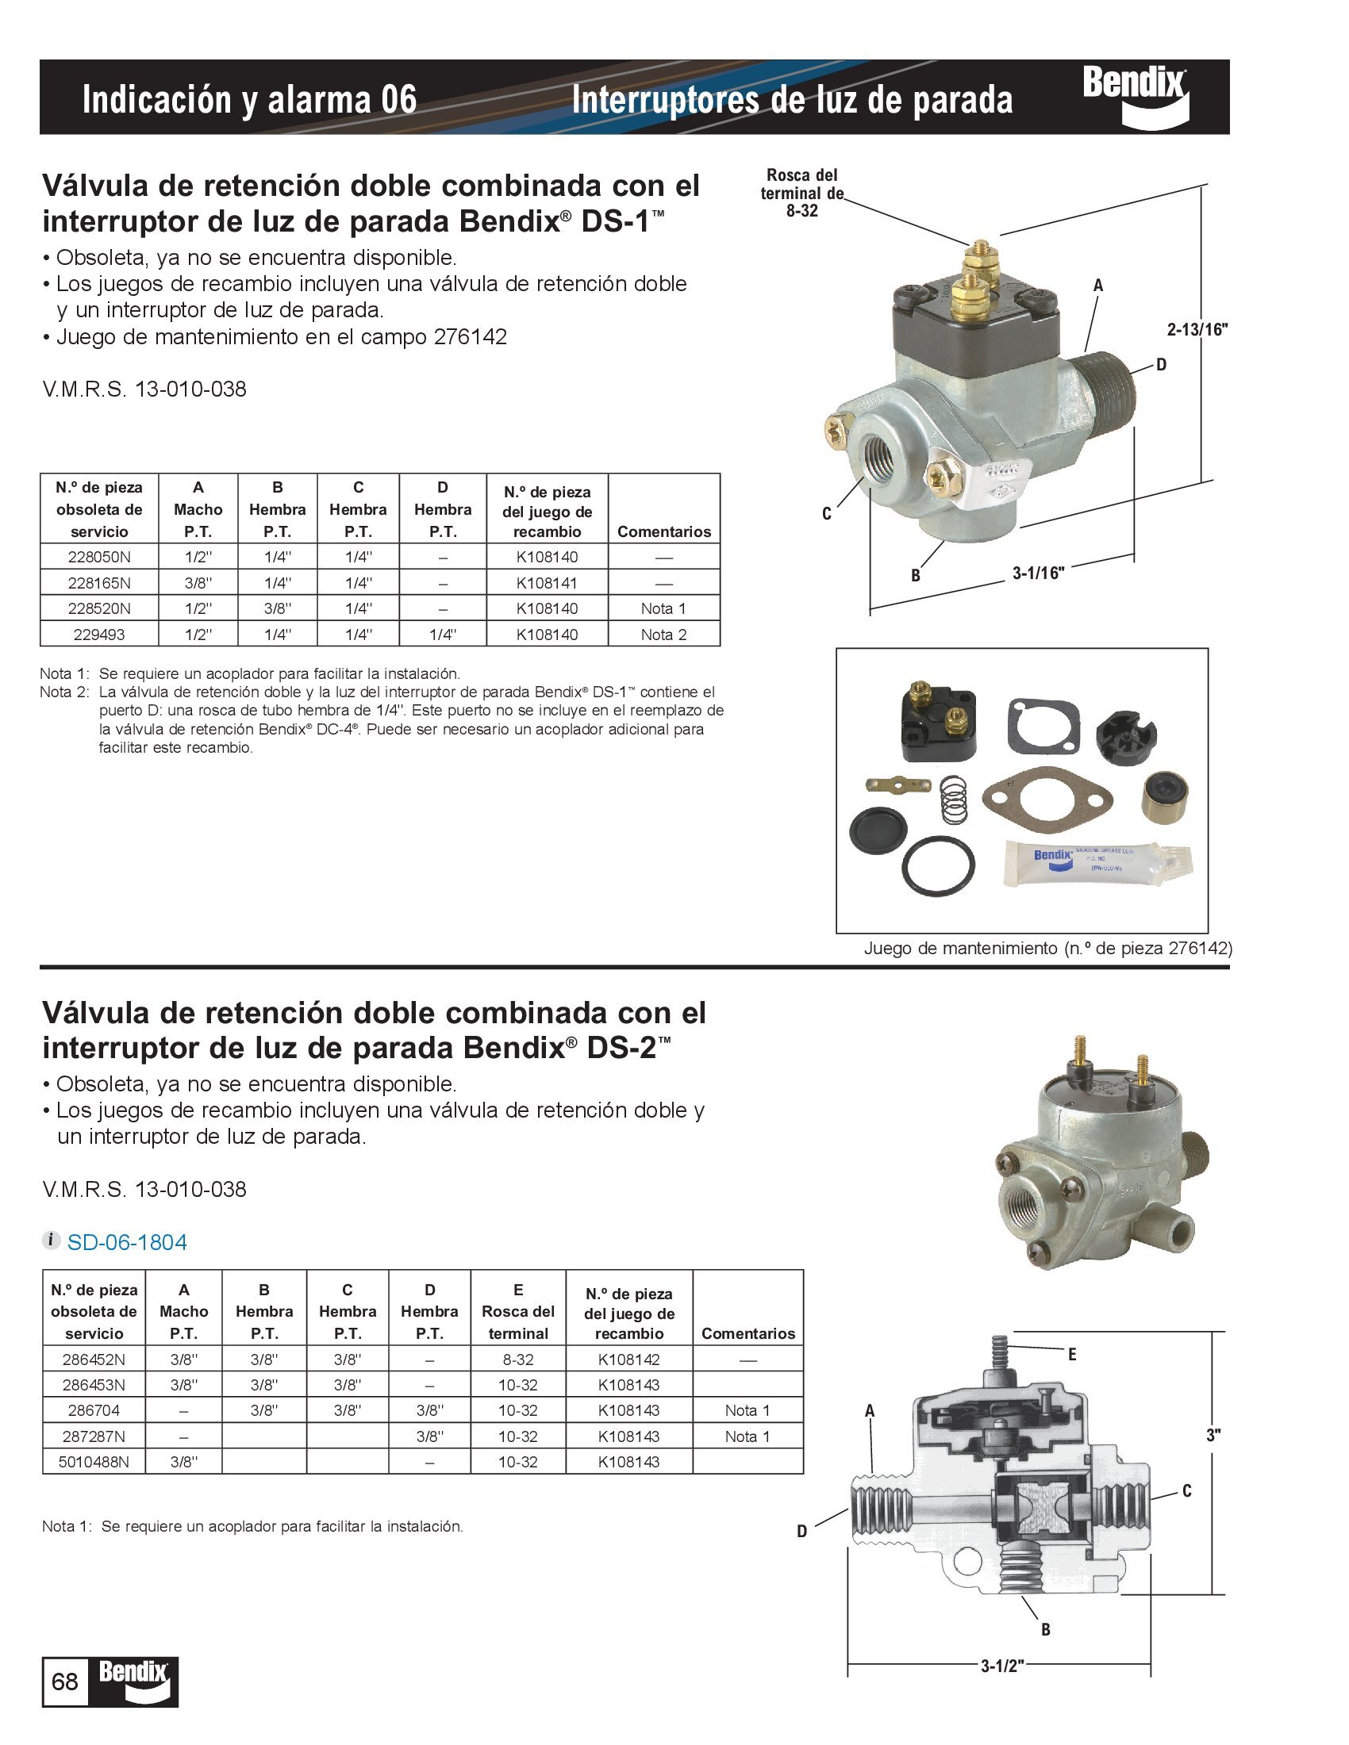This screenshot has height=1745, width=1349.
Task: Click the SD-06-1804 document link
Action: click(x=126, y=1242)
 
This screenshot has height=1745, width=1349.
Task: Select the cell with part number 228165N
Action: click(x=99, y=582)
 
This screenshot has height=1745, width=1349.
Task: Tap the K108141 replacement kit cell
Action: click(x=547, y=582)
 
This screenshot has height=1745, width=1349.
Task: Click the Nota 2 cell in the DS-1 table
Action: click(x=663, y=635)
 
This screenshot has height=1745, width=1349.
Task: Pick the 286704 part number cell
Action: click(x=94, y=1410)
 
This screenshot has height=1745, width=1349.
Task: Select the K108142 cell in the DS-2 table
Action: click(x=629, y=1359)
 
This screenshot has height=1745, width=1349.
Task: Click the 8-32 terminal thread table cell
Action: click(x=518, y=1359)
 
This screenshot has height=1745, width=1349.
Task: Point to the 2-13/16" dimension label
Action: click(x=1197, y=329)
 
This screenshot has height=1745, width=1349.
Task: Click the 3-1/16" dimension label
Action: click(x=1038, y=573)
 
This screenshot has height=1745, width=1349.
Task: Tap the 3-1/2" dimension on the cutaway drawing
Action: click(x=1002, y=1666)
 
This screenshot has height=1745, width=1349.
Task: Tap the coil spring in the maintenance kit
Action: click(x=952, y=799)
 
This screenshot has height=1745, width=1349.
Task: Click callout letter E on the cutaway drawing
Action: click(x=1072, y=1354)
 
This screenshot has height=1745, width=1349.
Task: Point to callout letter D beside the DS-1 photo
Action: click(x=1161, y=365)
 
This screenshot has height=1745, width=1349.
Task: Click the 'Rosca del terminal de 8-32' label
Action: click(x=801, y=193)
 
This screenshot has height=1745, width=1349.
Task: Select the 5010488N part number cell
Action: click(x=94, y=1461)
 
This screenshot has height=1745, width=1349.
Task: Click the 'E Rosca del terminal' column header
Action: click(x=518, y=1311)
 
